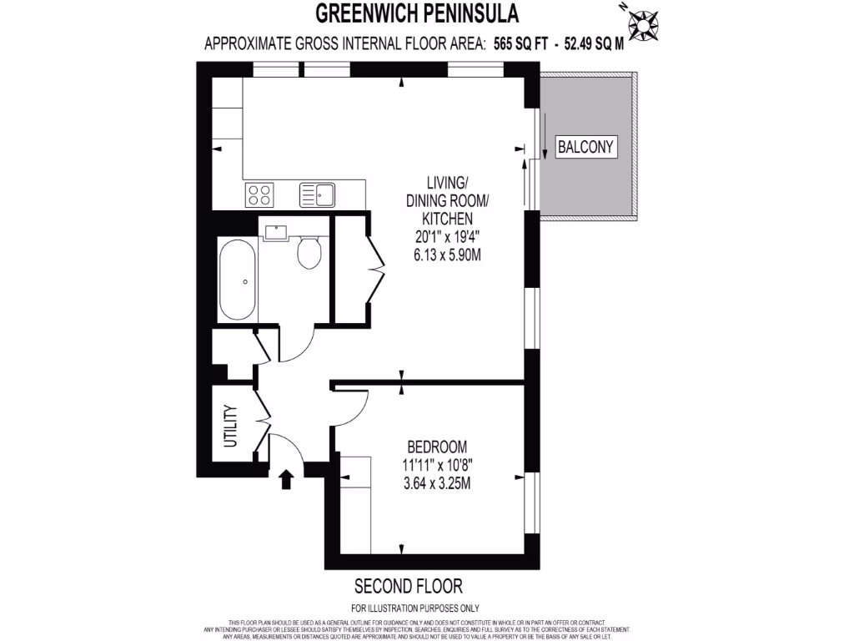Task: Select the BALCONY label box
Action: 585,148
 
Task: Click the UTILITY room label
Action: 231,426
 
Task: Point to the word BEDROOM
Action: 437,447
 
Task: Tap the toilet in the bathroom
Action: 309,251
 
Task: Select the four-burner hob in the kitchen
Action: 259,194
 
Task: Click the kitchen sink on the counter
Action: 317,195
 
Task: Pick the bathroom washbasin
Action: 274,232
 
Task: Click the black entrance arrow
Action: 286,478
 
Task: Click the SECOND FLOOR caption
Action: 409,585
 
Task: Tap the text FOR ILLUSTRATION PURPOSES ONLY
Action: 415,608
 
